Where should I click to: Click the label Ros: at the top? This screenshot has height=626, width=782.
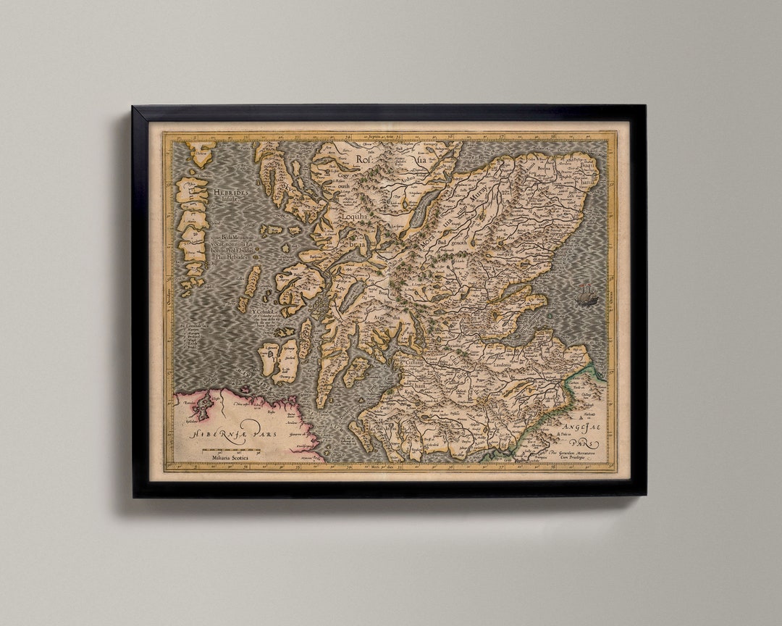(x=363, y=159)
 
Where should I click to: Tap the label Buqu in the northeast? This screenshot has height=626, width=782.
(x=586, y=165)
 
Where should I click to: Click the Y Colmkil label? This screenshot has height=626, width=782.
(x=264, y=313)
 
